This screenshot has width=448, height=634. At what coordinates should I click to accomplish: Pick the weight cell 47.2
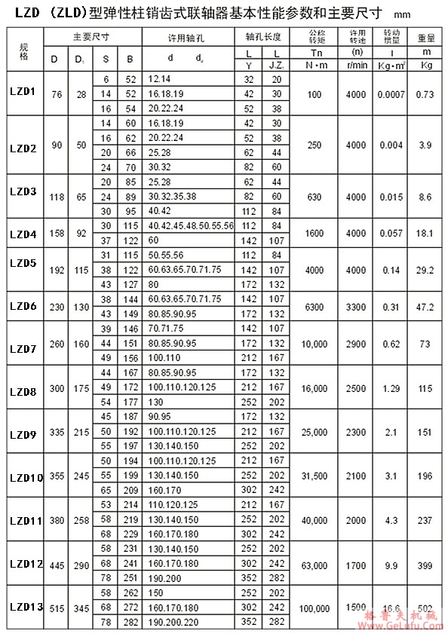[426, 307]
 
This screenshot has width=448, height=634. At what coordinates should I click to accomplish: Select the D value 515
[55, 608]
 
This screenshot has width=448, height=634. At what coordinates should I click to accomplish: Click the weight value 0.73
[426, 93]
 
